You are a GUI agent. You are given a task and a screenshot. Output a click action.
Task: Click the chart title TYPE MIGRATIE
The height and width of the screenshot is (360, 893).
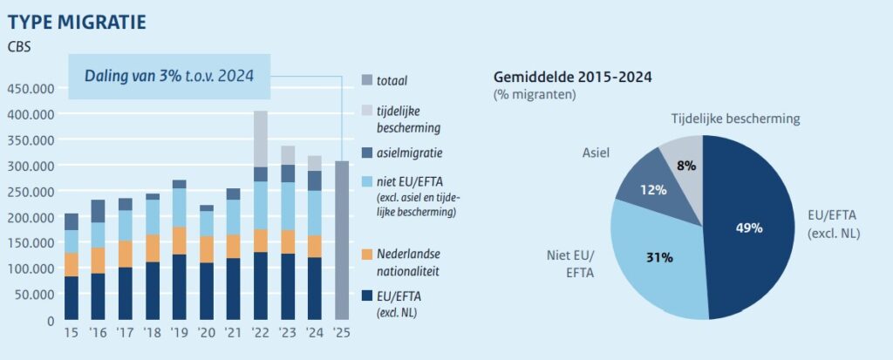[x=77, y=23]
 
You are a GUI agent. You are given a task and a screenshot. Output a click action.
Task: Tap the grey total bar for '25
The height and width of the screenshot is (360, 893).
[x=342, y=241]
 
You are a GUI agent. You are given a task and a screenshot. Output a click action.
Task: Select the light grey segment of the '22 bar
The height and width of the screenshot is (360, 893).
[x=260, y=139]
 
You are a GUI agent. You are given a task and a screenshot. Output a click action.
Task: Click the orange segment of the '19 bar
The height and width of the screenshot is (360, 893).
[x=180, y=241]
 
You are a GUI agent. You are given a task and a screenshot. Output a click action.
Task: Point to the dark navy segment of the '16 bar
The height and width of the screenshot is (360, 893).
[x=98, y=296]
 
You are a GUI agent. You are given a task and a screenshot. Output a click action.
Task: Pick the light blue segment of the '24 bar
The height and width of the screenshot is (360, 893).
[x=315, y=213]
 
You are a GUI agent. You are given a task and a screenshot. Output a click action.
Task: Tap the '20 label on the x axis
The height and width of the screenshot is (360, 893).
[x=206, y=332]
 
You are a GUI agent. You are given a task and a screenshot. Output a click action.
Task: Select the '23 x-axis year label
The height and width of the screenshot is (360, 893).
[x=288, y=332]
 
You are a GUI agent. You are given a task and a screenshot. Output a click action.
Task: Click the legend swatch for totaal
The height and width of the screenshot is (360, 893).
[x=367, y=81]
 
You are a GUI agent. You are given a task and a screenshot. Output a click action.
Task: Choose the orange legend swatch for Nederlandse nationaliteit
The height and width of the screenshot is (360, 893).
[x=367, y=254]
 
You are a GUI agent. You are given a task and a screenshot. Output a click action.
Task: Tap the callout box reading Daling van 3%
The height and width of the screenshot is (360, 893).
[x=170, y=77]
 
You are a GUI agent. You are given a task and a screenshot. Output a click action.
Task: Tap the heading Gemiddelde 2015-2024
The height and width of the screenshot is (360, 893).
[x=572, y=78]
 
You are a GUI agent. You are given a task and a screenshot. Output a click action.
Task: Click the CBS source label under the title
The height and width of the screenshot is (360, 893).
[x=19, y=47]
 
